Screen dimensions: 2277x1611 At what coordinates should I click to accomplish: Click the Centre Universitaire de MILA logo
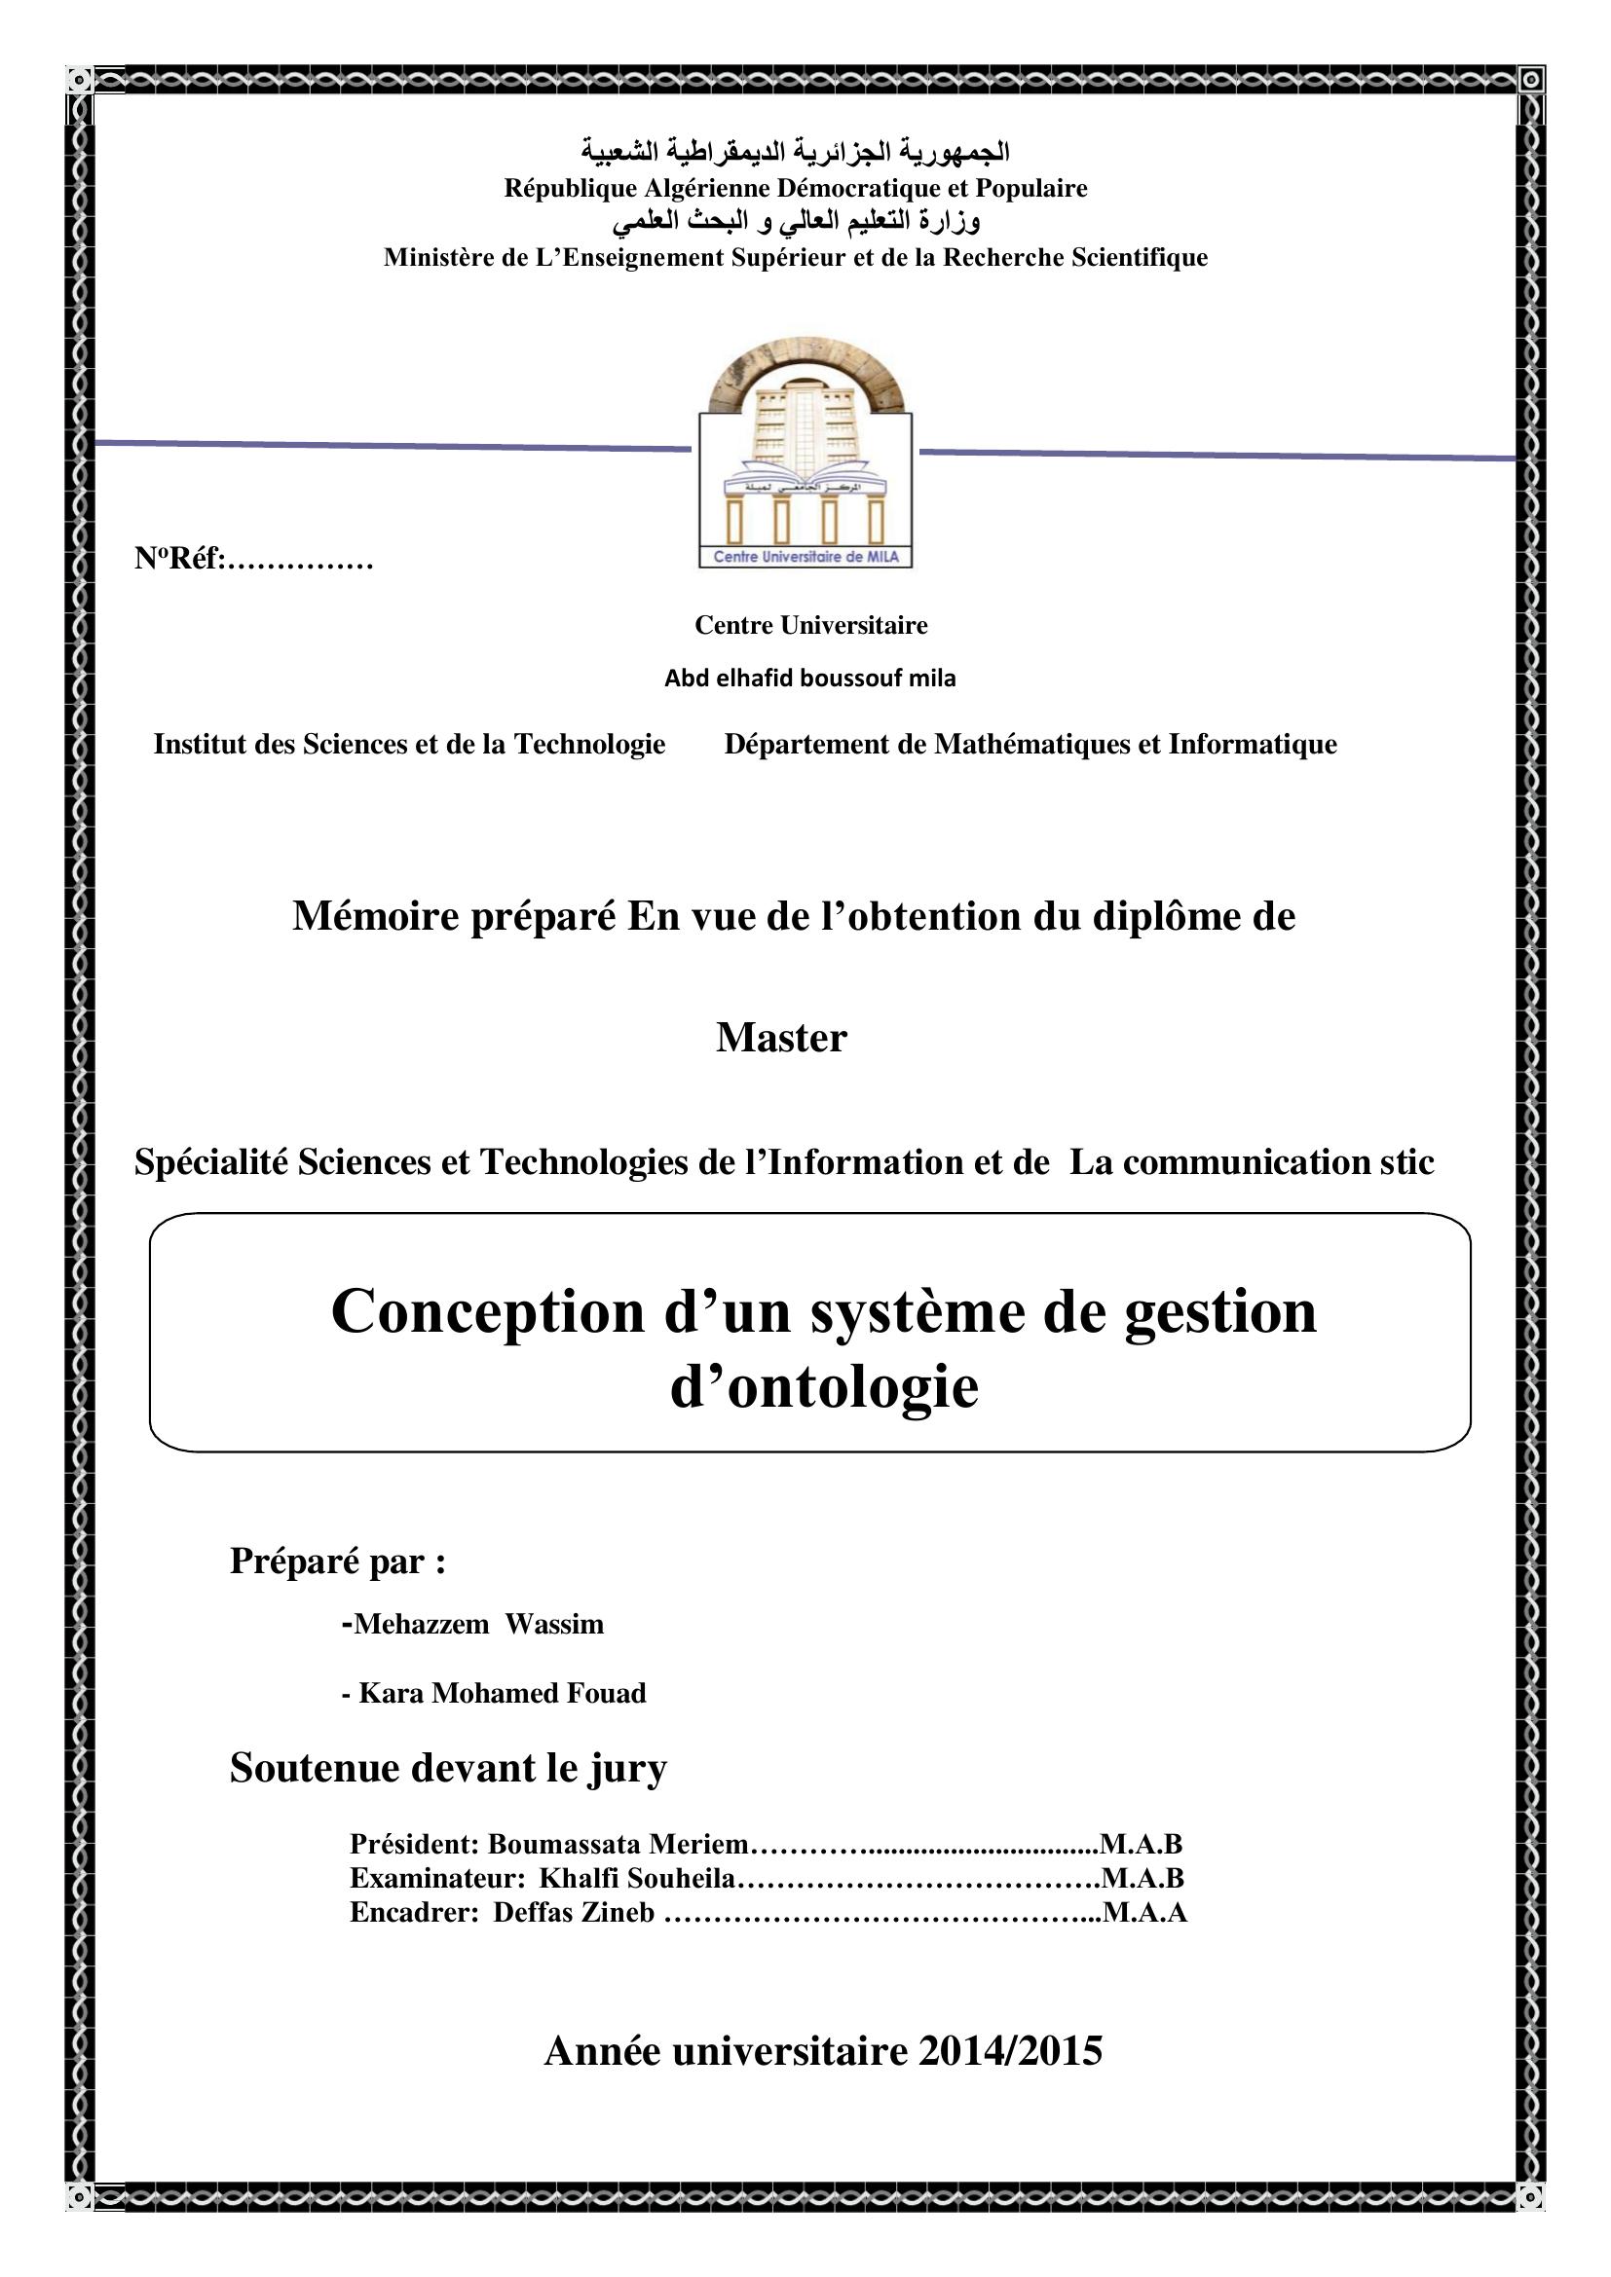tap(805, 454)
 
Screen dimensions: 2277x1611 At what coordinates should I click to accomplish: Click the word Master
tap(782, 1039)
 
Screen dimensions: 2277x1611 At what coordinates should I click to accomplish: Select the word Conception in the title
tap(487, 1311)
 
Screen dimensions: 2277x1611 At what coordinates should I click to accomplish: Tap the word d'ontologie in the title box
tap(824, 1386)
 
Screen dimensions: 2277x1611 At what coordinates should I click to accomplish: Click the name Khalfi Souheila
tap(637, 1878)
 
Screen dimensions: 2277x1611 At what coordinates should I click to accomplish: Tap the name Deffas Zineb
tap(574, 1912)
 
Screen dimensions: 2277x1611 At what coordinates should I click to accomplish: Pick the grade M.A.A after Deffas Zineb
tap(1144, 1912)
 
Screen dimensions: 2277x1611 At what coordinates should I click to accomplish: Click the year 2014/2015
tap(1010, 2051)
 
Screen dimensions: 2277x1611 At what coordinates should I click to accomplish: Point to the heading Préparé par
tap(337, 1561)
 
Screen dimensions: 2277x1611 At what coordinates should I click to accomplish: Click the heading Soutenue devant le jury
tap(448, 1768)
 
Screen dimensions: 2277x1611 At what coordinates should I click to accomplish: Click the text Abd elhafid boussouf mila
tap(809, 679)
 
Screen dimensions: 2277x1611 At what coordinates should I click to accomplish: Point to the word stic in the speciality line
tap(1406, 1162)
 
